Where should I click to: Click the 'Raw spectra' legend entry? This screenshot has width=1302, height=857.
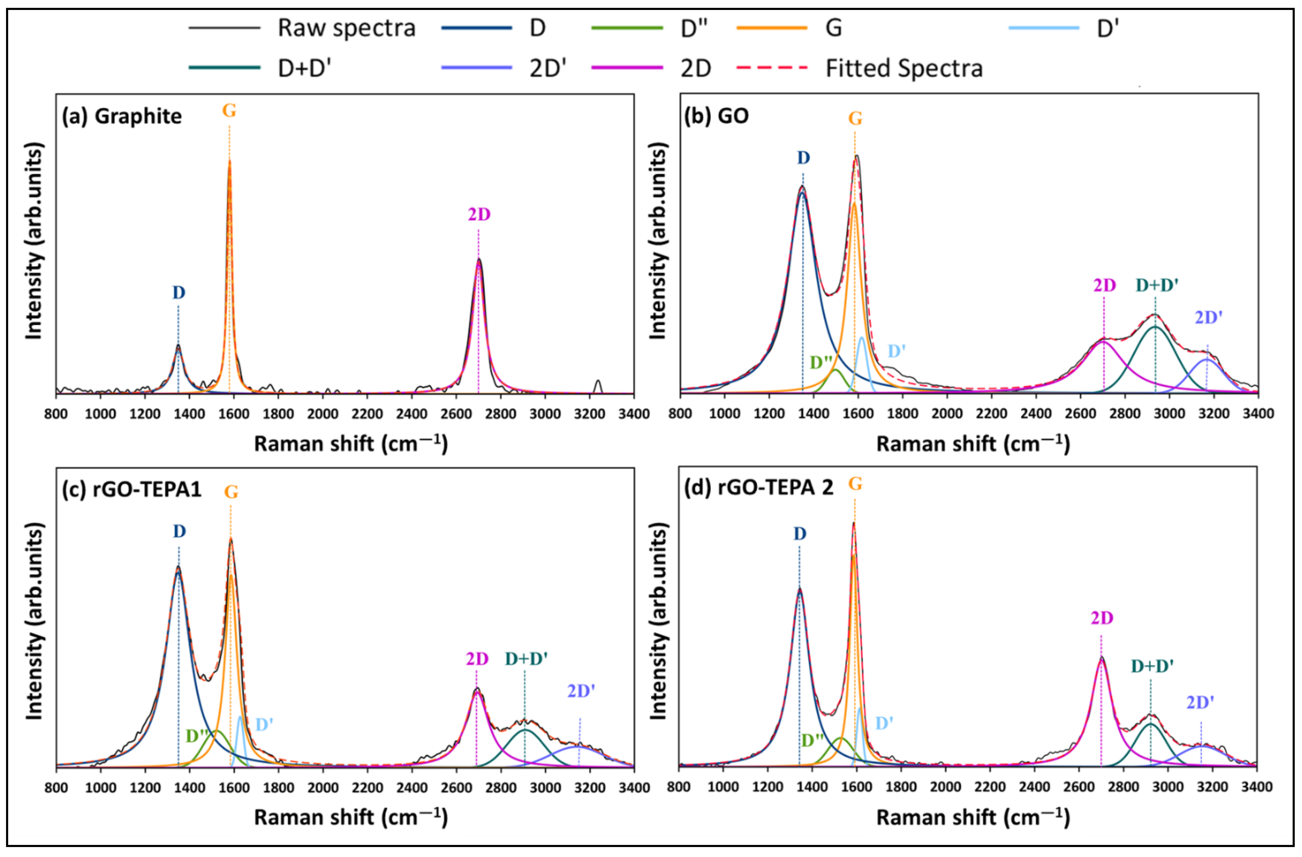coord(346,28)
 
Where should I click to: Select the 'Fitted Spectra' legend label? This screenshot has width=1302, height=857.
coord(904,68)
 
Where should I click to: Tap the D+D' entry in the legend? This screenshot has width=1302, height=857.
coord(304,68)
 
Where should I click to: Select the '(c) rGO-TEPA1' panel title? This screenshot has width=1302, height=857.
coord(131,488)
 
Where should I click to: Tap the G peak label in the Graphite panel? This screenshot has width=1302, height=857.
coord(229,111)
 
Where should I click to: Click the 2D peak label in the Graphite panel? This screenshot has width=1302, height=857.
coord(479,214)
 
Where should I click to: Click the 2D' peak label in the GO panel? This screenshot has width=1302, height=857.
coord(1208,317)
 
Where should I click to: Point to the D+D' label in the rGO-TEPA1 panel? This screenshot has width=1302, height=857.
coord(526,659)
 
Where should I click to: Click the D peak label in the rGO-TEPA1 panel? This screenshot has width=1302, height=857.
coord(179,531)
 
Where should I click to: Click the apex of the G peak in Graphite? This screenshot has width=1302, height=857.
coord(229,160)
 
